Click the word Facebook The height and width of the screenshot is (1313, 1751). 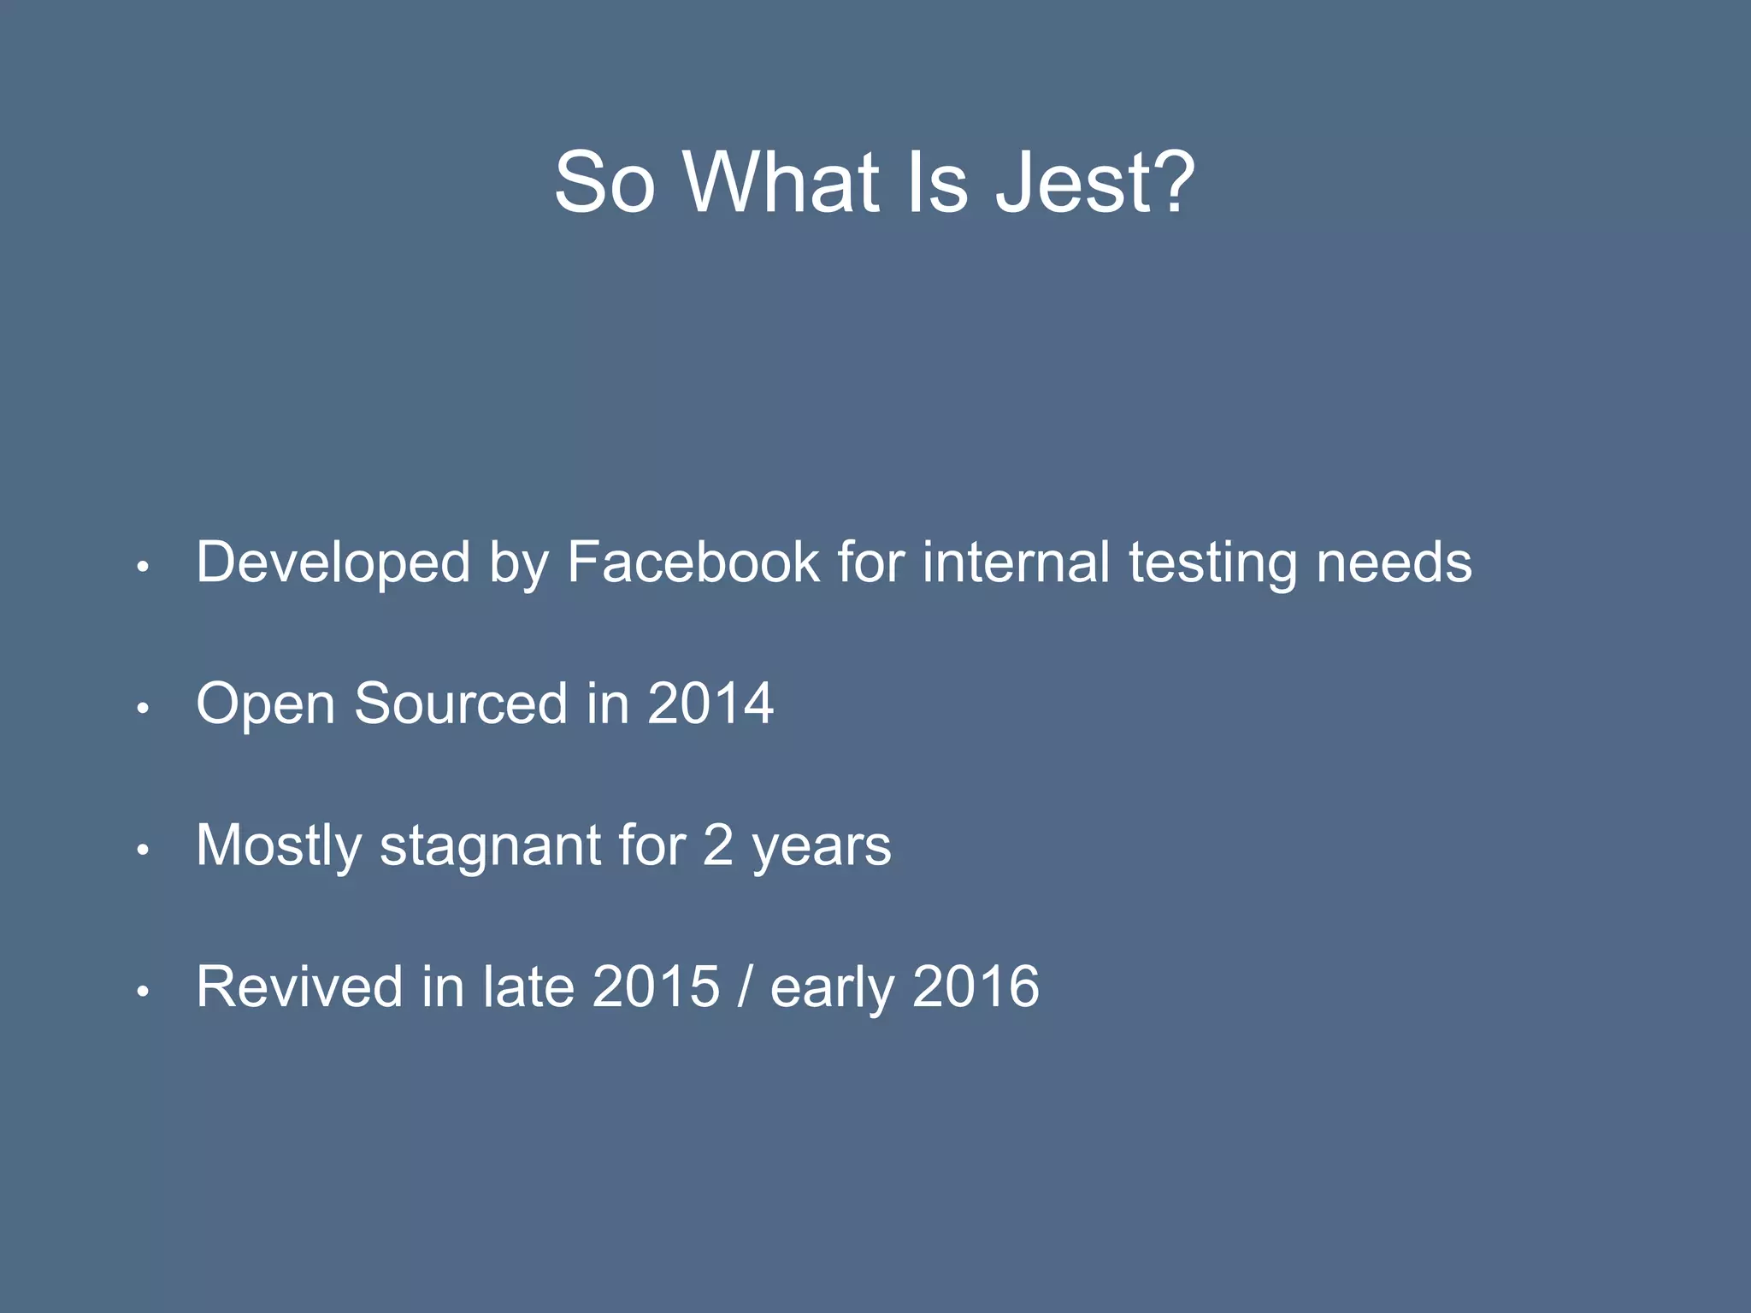693,562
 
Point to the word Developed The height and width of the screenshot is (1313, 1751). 333,562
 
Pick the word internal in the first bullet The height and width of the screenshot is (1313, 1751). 1016,562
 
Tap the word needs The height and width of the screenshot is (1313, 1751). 1394,562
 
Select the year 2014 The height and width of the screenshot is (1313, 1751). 710,704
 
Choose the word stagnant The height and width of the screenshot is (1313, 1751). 491,846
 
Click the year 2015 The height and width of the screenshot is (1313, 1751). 656,986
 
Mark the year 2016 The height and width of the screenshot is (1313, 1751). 976,986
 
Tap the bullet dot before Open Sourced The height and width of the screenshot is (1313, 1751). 144,708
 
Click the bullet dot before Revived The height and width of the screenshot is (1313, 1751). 144,992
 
